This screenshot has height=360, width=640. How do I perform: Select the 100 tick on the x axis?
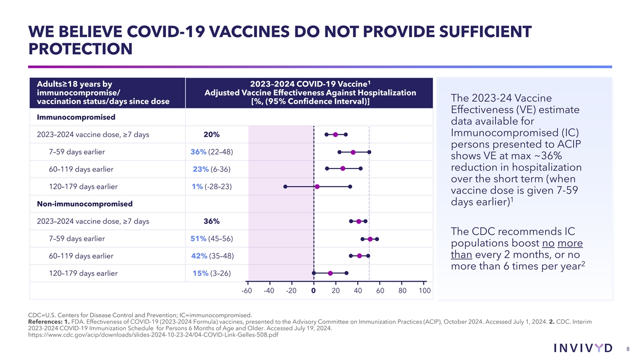coord(425,291)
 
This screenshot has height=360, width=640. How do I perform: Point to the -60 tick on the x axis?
coord(246,291)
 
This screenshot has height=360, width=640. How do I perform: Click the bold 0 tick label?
coord(314,291)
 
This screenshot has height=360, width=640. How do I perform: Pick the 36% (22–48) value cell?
coord(211,152)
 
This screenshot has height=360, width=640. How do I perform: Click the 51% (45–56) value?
coord(211,238)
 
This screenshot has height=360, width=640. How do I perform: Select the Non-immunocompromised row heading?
coord(84,204)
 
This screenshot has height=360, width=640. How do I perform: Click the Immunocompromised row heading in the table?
coord(76,117)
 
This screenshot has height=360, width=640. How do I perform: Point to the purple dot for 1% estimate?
coord(317,187)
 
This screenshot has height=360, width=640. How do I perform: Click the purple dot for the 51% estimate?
coord(370,239)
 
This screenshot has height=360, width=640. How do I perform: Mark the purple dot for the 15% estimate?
coord(330,273)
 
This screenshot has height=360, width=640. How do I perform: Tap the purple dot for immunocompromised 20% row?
coord(335,134)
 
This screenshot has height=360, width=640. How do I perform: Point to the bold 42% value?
coord(199,256)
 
